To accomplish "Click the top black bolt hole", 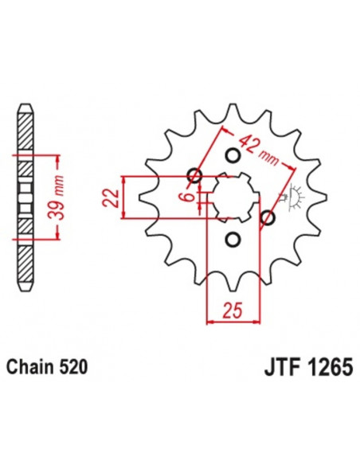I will (233, 154).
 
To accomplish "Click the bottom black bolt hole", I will (233, 238).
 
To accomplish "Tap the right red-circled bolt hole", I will (268, 217).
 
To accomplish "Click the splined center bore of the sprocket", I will (231, 197).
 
